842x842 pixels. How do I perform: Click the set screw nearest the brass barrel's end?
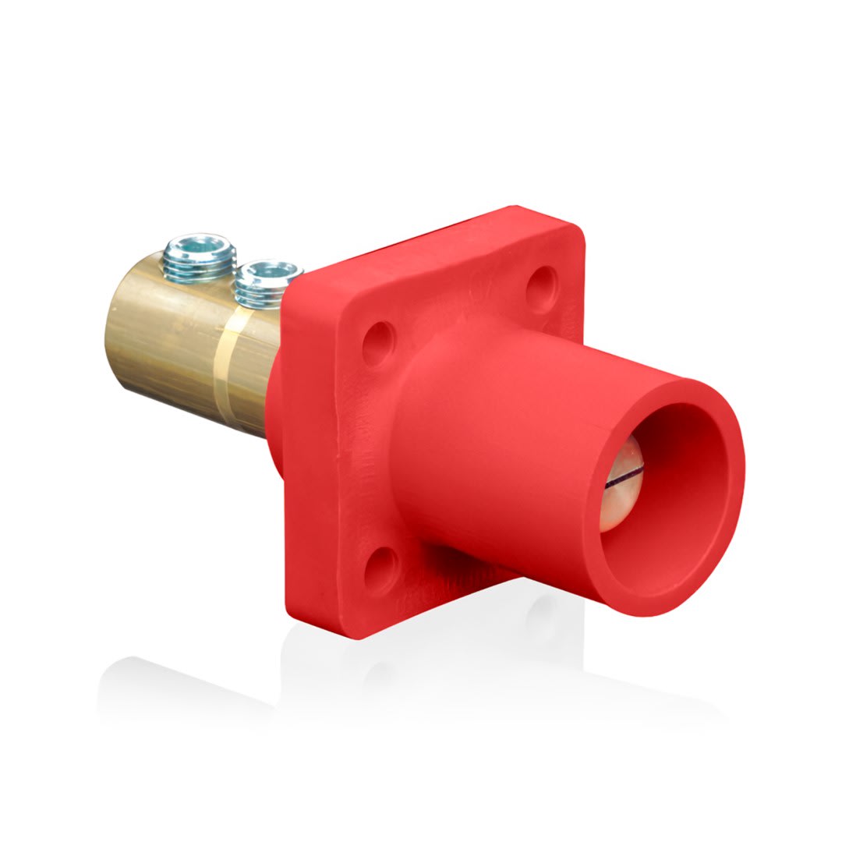[199, 257]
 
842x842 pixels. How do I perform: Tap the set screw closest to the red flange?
[267, 285]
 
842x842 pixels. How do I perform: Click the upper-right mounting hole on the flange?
[541, 288]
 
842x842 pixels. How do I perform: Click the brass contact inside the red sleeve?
[620, 491]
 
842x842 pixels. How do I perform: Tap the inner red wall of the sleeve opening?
[686, 499]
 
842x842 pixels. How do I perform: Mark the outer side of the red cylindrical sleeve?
[499, 437]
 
